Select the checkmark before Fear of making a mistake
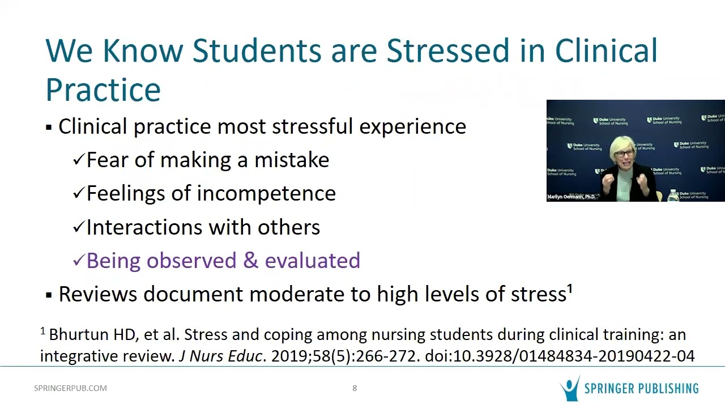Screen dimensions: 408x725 [x=78, y=160]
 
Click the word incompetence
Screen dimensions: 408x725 [x=266, y=193]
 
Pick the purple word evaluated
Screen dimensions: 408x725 [x=312, y=261]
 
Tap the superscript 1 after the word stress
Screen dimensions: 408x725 [x=570, y=290]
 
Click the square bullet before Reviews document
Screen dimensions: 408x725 [x=49, y=295]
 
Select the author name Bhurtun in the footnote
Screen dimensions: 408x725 [x=70, y=335]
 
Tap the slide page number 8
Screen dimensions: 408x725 [x=355, y=388]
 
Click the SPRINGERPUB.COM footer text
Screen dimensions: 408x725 [x=70, y=388]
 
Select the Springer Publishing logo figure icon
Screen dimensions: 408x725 [x=569, y=389]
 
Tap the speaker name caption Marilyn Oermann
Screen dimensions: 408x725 [x=571, y=197]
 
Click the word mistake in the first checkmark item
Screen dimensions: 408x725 [x=291, y=160]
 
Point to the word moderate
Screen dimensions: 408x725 [x=295, y=295]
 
